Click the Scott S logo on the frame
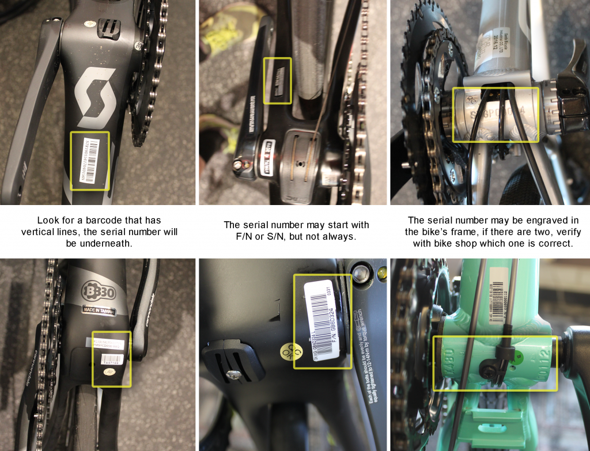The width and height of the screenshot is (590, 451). tap(96, 97)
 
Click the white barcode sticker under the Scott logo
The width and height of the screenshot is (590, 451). tap(90, 160)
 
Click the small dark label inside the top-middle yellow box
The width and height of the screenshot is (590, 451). tap(278, 80)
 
